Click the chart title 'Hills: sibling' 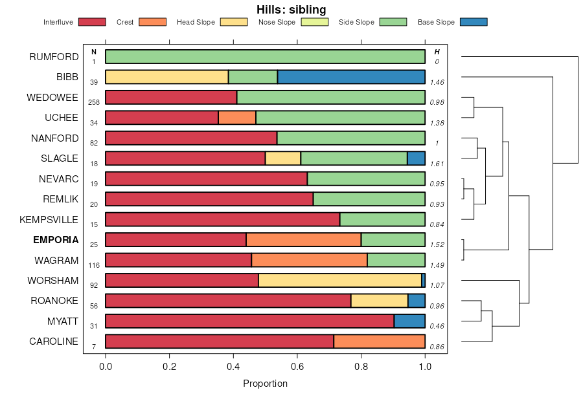291,9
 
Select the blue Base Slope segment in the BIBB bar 351,77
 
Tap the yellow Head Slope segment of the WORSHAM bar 339,281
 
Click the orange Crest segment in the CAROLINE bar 379,341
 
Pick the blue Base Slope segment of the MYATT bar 409,321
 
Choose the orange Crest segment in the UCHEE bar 237,118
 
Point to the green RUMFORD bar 265,57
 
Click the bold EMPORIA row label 56,240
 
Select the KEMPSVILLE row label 49,220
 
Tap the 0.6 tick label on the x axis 297,366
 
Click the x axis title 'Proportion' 265,384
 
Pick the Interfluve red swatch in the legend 91,22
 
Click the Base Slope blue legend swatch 474,22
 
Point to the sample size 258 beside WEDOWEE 94,103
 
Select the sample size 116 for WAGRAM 94,265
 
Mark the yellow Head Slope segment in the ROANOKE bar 379,301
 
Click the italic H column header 437,52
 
